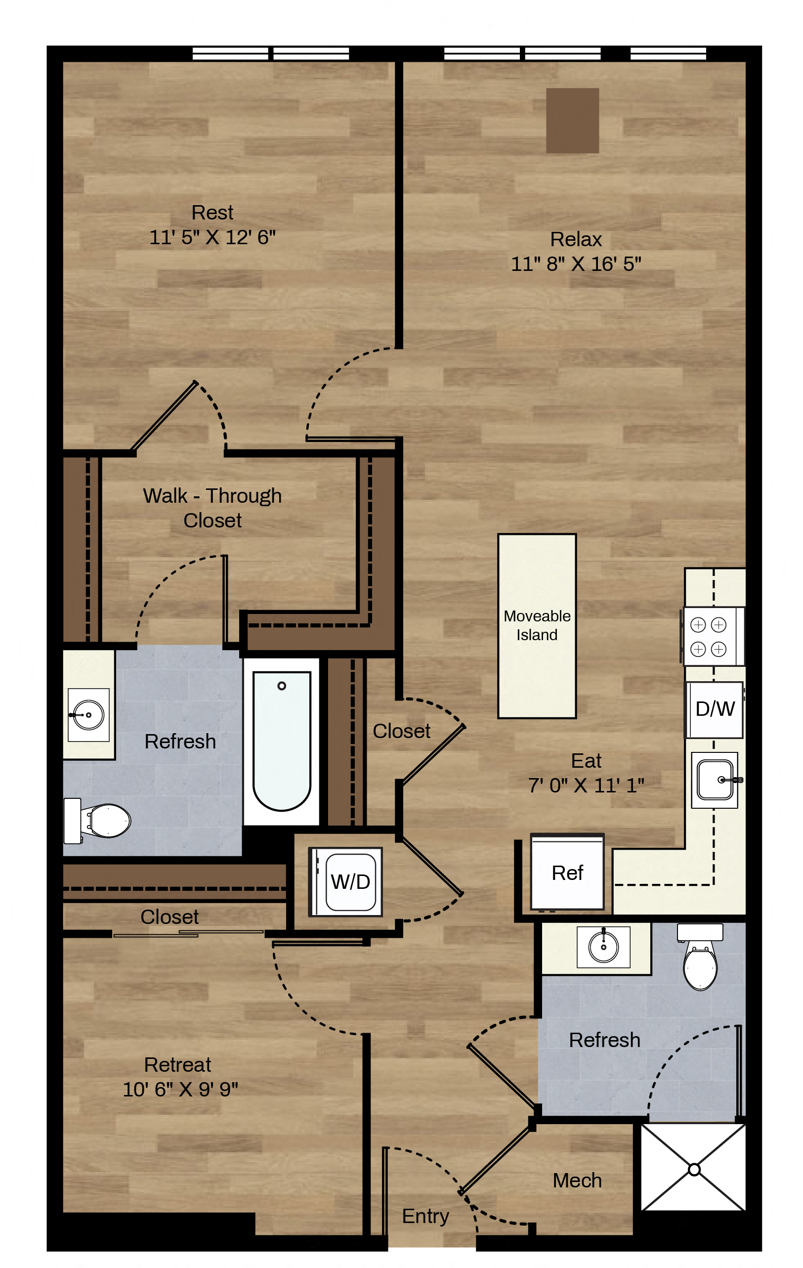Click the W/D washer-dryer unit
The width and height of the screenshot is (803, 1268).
345,881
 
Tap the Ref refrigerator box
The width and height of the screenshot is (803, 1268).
567,873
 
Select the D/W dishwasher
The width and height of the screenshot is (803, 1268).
715,709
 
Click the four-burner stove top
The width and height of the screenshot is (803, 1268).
714,636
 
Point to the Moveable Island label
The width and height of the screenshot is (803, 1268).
537,625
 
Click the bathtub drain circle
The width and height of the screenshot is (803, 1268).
282,686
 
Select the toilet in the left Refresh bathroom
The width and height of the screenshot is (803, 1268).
97,821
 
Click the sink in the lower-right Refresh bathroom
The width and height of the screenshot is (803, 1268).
603,947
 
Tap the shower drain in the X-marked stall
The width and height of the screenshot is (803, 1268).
694,1169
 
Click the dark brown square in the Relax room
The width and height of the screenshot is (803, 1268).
572,121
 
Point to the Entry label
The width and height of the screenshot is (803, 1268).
425,1216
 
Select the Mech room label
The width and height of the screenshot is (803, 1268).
577,1180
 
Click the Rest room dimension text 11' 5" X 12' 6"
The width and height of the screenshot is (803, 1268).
212,237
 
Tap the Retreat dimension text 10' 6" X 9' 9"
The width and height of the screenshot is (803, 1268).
180,1089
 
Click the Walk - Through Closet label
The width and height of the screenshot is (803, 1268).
212,508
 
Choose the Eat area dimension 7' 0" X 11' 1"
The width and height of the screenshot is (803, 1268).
586,785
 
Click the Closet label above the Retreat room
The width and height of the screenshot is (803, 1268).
169,917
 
